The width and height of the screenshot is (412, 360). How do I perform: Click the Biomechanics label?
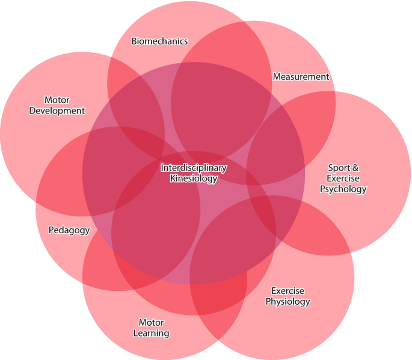click(x=159, y=41)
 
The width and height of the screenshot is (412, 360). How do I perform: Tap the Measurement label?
click(x=301, y=77)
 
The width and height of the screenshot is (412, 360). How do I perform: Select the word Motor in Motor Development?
click(x=57, y=100)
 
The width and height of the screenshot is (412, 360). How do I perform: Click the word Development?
click(x=57, y=111)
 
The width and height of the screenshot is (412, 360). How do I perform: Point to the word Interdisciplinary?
click(x=194, y=168)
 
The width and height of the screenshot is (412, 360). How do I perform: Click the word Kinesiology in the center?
click(x=194, y=178)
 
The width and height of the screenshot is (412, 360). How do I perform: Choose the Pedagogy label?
click(x=69, y=230)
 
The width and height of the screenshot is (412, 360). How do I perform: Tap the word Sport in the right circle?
click(x=337, y=168)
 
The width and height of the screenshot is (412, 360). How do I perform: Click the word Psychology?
click(x=343, y=189)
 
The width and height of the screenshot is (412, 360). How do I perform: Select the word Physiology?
click(x=287, y=302)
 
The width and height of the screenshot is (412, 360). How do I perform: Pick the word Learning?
click(x=151, y=333)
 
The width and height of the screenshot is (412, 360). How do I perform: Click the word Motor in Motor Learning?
click(x=151, y=323)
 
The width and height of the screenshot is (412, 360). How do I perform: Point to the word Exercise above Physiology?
click(x=287, y=291)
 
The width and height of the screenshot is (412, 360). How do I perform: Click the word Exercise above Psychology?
click(x=343, y=178)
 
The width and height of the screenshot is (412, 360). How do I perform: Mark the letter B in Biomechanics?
click(x=134, y=41)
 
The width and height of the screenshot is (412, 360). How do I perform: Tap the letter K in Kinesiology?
click(x=173, y=178)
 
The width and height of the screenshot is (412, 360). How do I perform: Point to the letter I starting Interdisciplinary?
click(x=162, y=168)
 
